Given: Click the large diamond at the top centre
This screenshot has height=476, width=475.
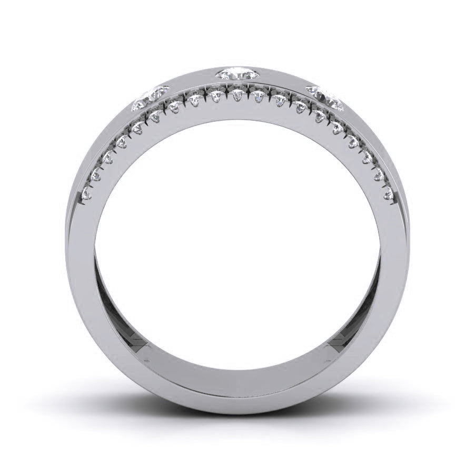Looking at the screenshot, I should [237, 73].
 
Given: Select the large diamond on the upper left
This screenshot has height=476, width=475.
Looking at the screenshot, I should [150, 98].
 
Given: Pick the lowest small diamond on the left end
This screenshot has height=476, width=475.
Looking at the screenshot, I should [87, 195].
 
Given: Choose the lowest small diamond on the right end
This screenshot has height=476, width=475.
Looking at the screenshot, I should [389, 196].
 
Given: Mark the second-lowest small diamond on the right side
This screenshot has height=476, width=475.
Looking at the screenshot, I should [379, 176].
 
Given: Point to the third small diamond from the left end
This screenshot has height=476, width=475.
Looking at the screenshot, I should [109, 157].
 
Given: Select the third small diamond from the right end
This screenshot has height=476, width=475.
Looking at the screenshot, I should [367, 157].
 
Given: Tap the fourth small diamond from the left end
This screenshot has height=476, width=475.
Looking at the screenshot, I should [123, 141].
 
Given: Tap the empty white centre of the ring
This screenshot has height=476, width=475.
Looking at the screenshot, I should [237, 237].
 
